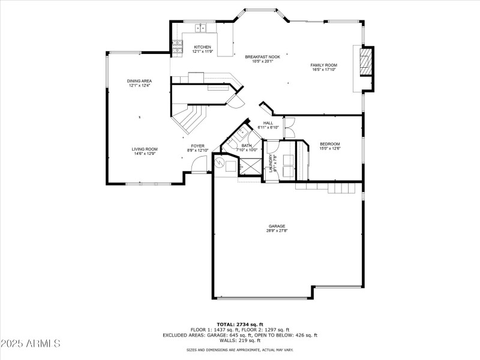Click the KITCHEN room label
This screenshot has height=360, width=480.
click(x=202, y=47)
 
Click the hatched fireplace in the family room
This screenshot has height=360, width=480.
click(x=365, y=61)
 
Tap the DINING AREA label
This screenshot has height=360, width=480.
click(x=139, y=81)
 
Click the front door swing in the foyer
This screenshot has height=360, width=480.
click(x=200, y=163)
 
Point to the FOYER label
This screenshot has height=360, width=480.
click(x=197, y=146)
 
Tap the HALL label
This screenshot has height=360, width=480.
click(x=268, y=123)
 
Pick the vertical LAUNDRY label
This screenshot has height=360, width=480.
click(x=271, y=162)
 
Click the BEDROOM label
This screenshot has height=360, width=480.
click(x=329, y=144)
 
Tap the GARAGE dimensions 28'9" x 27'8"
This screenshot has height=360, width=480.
click(x=277, y=230)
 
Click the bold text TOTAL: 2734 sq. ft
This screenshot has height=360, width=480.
click(x=240, y=324)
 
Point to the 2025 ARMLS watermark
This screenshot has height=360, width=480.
click(x=31, y=344)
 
